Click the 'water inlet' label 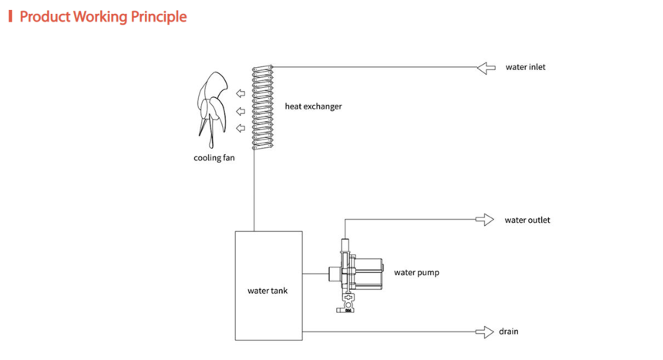[x=525, y=67]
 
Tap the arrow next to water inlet [x=486, y=68]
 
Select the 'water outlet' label [x=527, y=220]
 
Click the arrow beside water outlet [x=485, y=220]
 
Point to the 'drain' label [x=509, y=331]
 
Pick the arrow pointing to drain [x=485, y=332]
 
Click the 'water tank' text [x=268, y=291]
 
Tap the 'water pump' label [x=416, y=273]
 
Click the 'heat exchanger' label [x=313, y=106]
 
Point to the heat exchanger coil [x=263, y=107]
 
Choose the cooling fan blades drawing [x=212, y=109]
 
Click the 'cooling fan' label [x=214, y=158]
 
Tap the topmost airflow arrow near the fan [x=241, y=93]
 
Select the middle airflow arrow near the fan [x=241, y=111]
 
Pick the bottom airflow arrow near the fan [x=241, y=128]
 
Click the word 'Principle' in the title [x=159, y=17]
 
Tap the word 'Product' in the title [x=45, y=16]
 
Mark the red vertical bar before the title [x=11, y=16]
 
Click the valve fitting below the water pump [x=347, y=304]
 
